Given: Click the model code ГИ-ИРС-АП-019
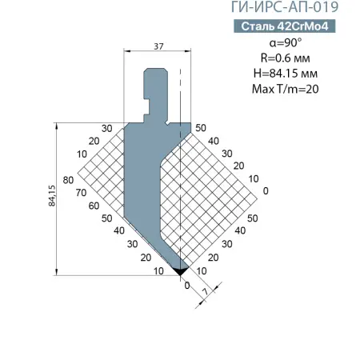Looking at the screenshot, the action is click(x=285, y=7).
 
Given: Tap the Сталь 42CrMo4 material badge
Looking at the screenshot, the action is click(x=285, y=26).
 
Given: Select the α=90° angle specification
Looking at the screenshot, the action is click(x=286, y=42).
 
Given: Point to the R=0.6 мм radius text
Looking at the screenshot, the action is click(x=286, y=58).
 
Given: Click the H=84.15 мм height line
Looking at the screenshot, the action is click(x=286, y=74).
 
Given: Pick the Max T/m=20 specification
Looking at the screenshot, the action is click(x=286, y=89).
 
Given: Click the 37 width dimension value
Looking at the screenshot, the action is click(x=158, y=46).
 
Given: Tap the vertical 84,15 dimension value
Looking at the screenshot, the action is click(x=52, y=195).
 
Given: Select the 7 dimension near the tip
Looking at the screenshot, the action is click(x=206, y=291).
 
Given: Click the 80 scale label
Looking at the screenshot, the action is click(x=68, y=180).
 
